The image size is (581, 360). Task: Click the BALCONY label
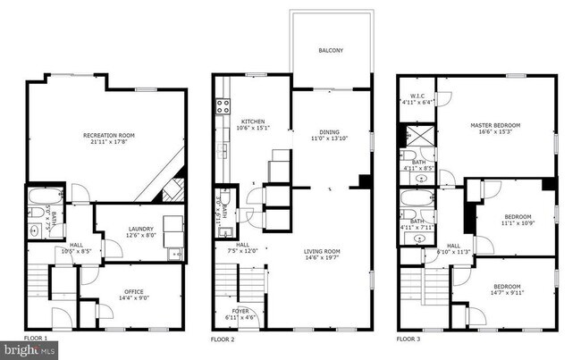(331, 51)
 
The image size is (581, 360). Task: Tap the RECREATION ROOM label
(108, 136)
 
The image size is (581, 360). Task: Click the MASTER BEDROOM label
(494, 125)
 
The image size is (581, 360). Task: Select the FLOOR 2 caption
(222, 340)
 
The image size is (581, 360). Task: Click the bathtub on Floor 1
(41, 197)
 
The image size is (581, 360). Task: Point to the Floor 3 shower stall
(417, 137)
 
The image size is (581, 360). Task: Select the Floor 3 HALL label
(454, 246)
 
